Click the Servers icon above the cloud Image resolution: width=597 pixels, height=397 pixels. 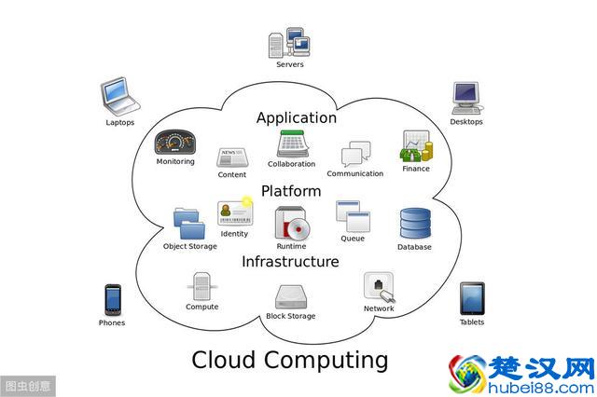tap(289, 43)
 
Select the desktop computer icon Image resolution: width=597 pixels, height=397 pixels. tap(466, 98)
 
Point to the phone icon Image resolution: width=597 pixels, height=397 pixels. tap(112, 300)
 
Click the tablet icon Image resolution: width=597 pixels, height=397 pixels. tap(472, 299)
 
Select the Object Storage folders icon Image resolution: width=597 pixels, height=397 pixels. tap(189, 224)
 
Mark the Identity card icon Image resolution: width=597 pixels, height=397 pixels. tap(234, 212)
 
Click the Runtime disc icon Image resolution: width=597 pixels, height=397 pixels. tap(291, 224)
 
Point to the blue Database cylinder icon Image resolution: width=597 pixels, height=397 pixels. tap(414, 224)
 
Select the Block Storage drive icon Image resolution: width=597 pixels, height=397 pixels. tap(291, 296)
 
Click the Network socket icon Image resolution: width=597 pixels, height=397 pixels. tap(379, 286)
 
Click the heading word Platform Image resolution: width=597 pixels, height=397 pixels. tap(291, 190)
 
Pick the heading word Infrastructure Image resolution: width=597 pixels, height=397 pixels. tap(290, 262)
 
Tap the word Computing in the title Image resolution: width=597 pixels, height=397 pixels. tap(327, 359)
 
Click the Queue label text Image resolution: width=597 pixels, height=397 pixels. tap(353, 239)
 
